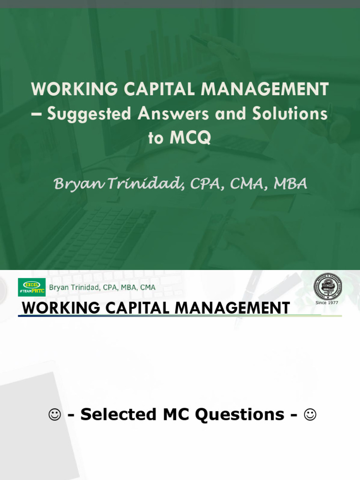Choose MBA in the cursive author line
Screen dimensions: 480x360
(x=290, y=184)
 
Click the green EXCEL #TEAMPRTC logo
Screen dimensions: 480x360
(x=31, y=287)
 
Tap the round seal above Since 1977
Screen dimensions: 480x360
(x=327, y=286)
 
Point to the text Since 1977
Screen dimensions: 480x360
(x=327, y=303)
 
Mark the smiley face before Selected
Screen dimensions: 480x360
(x=55, y=414)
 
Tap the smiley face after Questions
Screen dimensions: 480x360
(x=310, y=414)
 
